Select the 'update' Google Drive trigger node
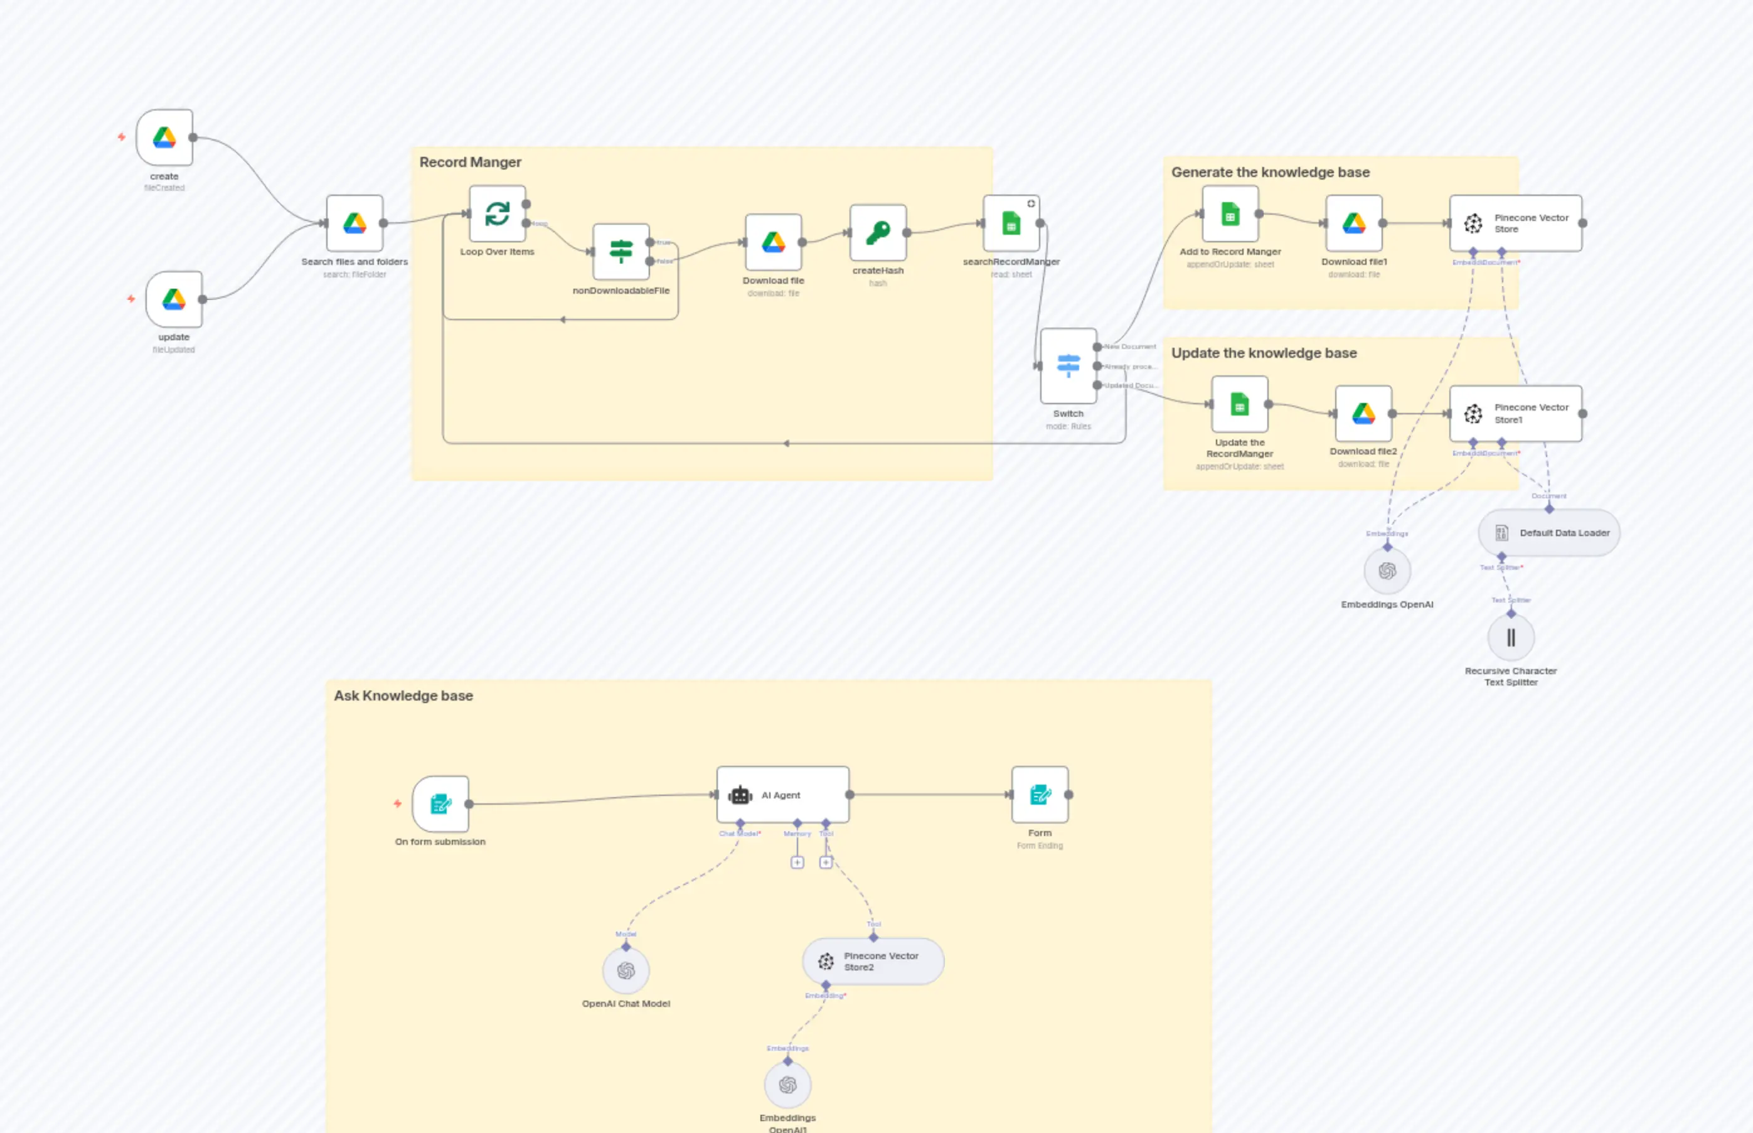pos(174,299)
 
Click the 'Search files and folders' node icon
pos(354,223)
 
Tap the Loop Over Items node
pos(497,213)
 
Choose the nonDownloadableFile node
pos(621,252)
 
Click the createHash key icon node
pos(878,232)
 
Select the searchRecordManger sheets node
pos(1011,223)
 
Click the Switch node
pos(1068,366)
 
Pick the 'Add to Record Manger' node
pos(1230,214)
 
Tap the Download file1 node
pos(1354,223)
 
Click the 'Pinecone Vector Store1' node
pos(1515,414)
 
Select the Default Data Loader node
pos(1548,533)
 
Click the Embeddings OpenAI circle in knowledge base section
pos(1387,571)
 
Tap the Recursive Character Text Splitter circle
pos(1510,637)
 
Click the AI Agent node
pos(782,795)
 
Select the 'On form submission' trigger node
pos(440,803)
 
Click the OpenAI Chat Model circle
pos(626,970)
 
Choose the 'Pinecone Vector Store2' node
pos(873,961)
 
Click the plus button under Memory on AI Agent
pos(797,862)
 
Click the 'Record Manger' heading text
pos(470,162)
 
